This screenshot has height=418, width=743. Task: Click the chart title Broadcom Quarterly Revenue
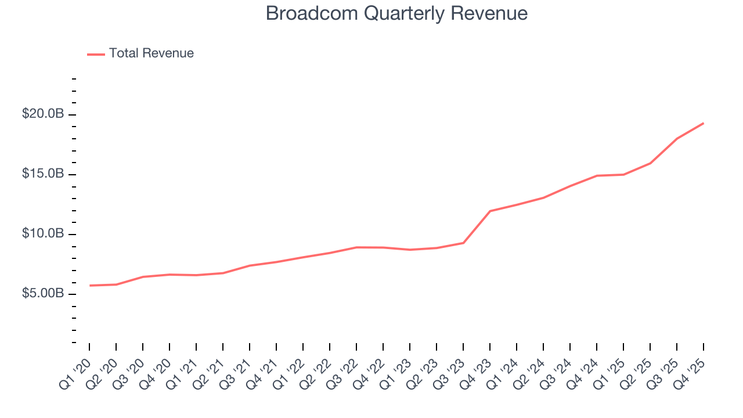(x=396, y=13)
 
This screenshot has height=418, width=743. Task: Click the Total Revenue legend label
(x=151, y=53)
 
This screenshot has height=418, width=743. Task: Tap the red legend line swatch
(x=96, y=54)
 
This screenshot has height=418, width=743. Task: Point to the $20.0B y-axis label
(x=43, y=114)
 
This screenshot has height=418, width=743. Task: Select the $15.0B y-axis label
(x=43, y=174)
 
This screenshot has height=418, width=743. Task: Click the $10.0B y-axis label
(x=43, y=233)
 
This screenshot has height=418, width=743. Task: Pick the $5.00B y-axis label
(x=43, y=293)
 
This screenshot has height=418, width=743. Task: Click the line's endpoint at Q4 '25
(x=704, y=123)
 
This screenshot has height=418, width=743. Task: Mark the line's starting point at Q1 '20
(x=89, y=286)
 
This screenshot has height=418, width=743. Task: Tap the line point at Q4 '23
(x=490, y=211)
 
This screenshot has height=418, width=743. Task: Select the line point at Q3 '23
(x=463, y=243)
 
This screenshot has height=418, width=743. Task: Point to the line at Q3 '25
(x=677, y=138)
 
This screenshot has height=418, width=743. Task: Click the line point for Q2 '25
(x=650, y=163)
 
